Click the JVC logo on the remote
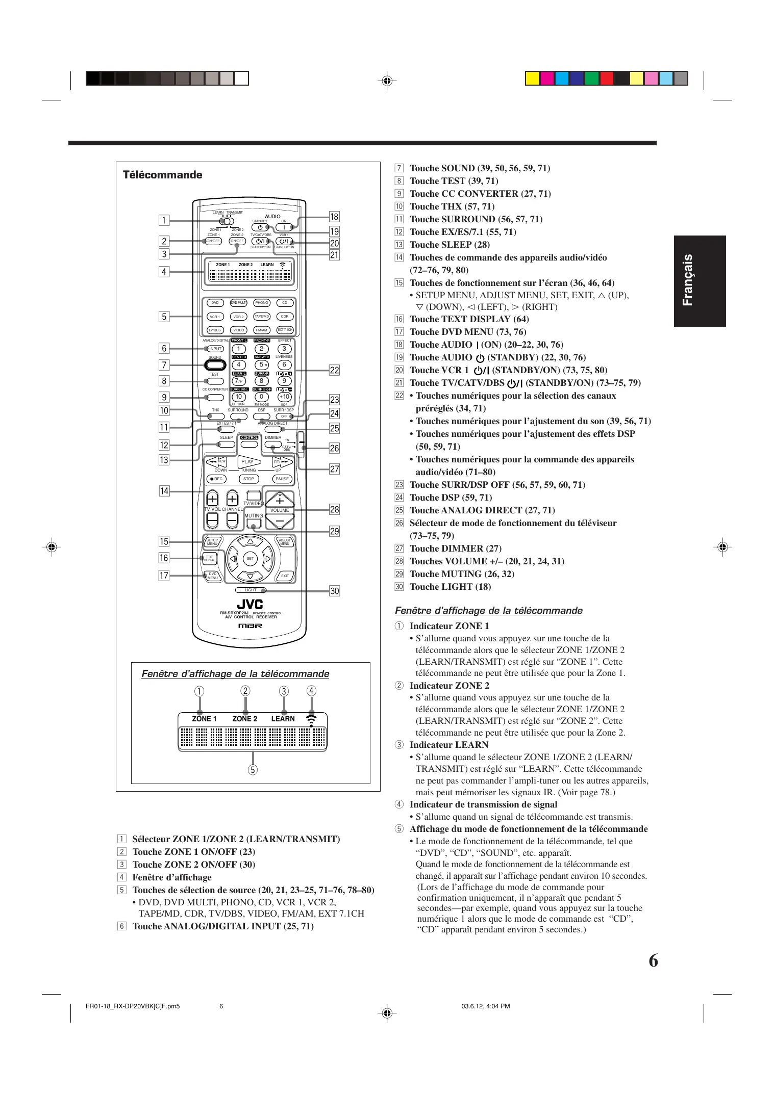tap(250, 604)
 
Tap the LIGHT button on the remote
tap(251, 590)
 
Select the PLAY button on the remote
tap(248, 462)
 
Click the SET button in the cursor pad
tap(250, 559)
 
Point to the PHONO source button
tap(262, 303)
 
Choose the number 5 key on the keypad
tap(262, 364)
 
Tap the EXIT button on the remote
tap(285, 576)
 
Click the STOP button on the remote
tap(248, 479)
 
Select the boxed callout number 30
tap(334, 591)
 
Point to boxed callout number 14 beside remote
tap(164, 491)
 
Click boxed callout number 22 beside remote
tap(334, 370)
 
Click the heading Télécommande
tap(162, 175)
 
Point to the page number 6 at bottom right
tap(653, 961)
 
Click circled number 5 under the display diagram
tap(253, 770)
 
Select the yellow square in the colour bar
tap(533, 78)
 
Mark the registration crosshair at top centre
tap(387, 81)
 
